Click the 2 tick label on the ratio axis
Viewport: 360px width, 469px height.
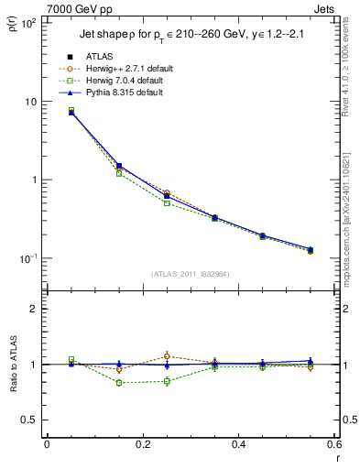coord(36,309)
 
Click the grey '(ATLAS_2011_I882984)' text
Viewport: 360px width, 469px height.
coord(190,274)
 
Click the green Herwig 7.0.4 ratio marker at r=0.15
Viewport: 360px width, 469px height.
coord(119,383)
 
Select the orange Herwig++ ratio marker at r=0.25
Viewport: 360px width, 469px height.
coord(167,356)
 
